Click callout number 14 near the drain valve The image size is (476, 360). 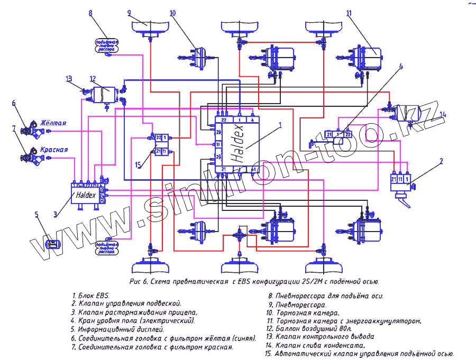[x=443, y=114]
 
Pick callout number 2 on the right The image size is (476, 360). [x=441, y=161]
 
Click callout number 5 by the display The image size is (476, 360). [x=36, y=214]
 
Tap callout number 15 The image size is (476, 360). [x=138, y=165]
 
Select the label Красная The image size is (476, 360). [x=54, y=150]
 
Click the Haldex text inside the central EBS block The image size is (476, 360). [x=239, y=143]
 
